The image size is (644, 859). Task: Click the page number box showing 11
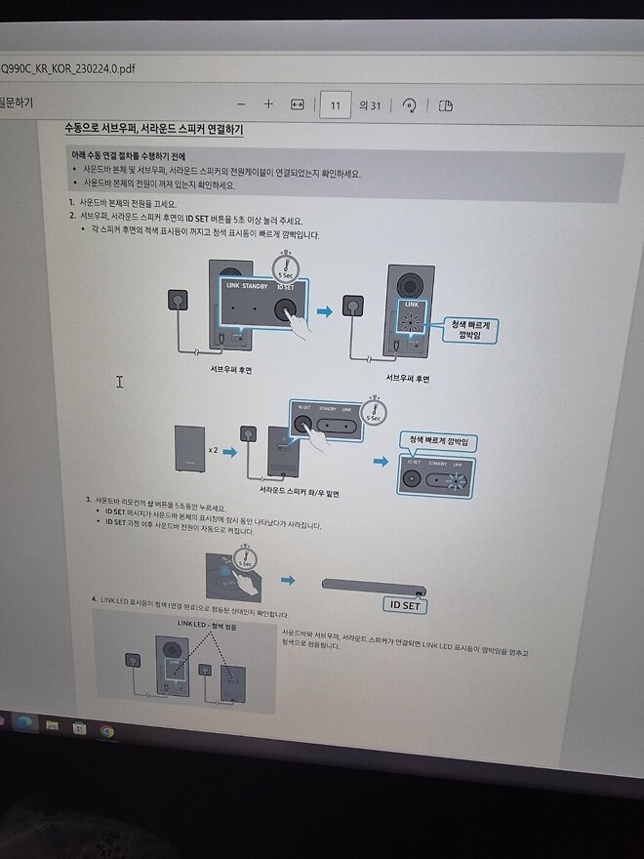point(335,104)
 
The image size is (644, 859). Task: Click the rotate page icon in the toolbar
point(410,105)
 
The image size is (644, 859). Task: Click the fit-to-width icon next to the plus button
point(299,104)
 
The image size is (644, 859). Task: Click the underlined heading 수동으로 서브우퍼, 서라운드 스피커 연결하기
point(153,130)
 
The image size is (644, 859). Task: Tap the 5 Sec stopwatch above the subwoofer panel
point(286,265)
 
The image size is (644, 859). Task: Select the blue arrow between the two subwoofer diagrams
point(325,310)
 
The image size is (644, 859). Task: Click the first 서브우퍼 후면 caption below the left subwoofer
point(231,370)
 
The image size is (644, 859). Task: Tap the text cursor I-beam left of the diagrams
point(120,382)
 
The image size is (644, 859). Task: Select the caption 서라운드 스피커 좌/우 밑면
point(292,494)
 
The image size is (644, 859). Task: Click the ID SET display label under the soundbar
point(404,604)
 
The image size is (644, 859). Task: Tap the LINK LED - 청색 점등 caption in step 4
point(207,622)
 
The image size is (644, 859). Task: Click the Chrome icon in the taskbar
point(106,730)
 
